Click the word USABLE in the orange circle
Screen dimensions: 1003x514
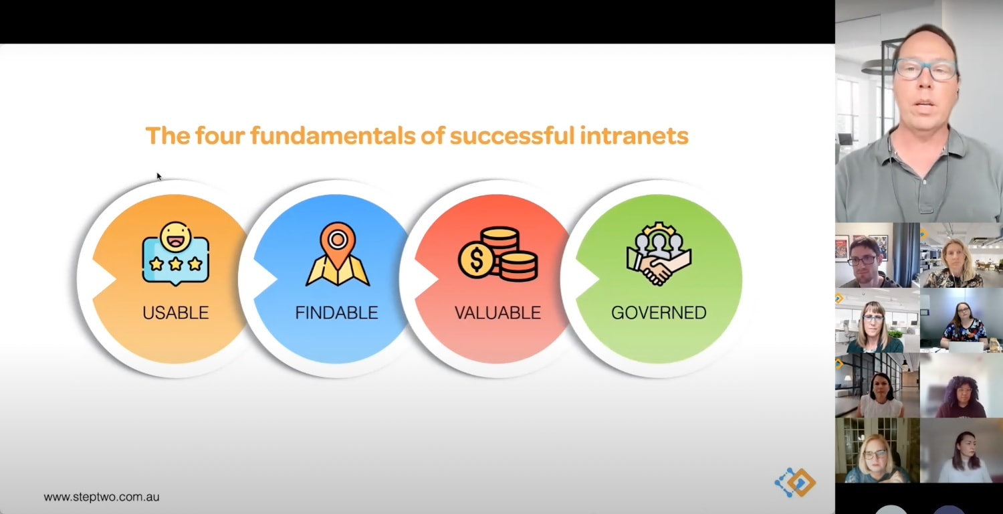tap(175, 313)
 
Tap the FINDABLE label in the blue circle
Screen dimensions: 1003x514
tap(336, 313)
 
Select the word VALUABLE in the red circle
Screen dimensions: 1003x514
tap(497, 313)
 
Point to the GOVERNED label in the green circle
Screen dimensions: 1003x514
tap(659, 313)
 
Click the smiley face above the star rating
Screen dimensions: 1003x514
tap(175, 237)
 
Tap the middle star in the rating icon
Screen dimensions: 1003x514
tap(175, 264)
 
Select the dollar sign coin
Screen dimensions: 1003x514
tap(476, 260)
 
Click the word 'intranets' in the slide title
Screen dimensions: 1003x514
tap(634, 136)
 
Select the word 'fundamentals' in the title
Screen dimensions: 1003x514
tap(333, 136)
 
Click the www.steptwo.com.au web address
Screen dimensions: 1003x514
tap(102, 497)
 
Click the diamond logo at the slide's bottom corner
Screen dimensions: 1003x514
tap(796, 482)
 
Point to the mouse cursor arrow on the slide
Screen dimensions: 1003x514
tap(159, 176)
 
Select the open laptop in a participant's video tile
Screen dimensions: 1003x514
tap(966, 347)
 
